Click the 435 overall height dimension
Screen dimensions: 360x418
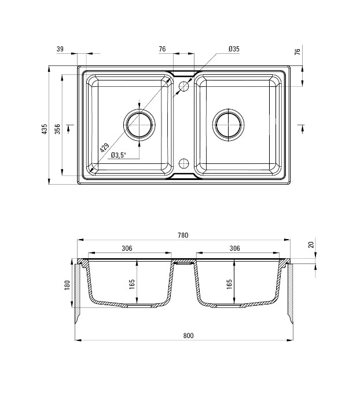click(45, 129)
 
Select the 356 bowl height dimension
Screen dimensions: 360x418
click(57, 129)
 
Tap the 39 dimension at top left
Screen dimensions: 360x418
click(60, 49)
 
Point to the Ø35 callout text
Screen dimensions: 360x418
click(234, 49)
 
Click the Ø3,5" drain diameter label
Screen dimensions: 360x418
click(118, 155)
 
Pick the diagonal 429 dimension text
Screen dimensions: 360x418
click(104, 148)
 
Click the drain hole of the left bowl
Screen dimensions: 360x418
click(139, 124)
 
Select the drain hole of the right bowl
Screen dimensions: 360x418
click(229, 124)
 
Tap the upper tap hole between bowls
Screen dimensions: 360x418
click(183, 86)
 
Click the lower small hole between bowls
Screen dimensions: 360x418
click(183, 163)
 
